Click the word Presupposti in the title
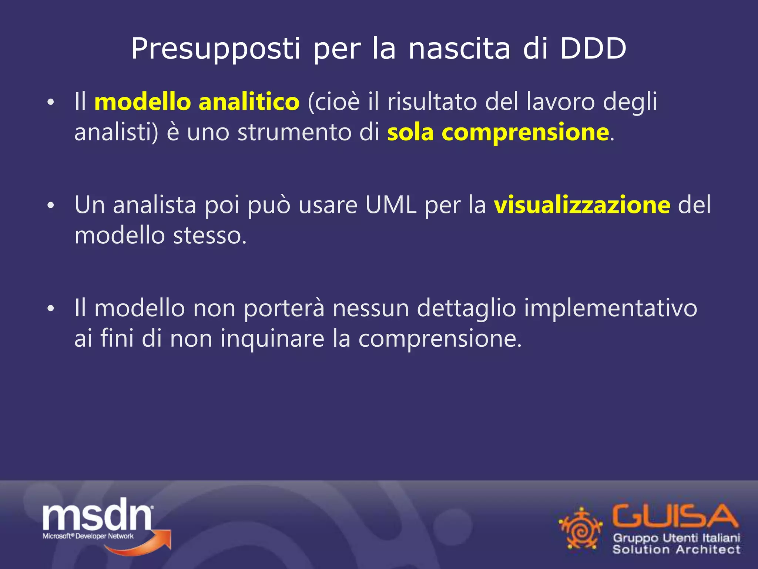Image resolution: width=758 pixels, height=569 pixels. [215, 49]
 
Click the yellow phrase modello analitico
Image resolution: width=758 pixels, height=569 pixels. [197, 102]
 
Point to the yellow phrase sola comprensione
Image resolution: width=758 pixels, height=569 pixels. [498, 132]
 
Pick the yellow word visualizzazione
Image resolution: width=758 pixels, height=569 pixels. [582, 204]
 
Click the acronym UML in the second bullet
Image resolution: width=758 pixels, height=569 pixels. [391, 204]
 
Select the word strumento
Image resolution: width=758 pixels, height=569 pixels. [294, 132]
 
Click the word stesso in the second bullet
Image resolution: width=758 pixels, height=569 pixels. [209, 236]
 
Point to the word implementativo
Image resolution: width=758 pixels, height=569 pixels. [611, 308]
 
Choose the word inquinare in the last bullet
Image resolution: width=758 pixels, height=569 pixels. [272, 339]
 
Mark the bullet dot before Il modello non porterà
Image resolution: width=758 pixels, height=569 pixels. [51, 308]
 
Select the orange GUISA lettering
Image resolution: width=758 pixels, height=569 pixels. [675, 516]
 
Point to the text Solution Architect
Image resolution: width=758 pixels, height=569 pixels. [676, 549]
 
